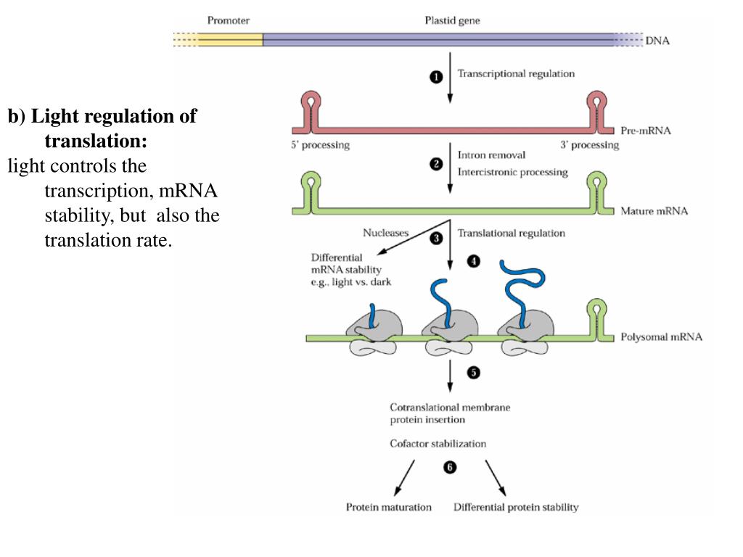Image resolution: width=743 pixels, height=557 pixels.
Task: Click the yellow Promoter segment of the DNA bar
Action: click(x=230, y=40)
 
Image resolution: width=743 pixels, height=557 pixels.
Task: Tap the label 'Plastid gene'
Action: click(x=452, y=20)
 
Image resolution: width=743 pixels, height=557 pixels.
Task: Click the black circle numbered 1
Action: click(x=436, y=77)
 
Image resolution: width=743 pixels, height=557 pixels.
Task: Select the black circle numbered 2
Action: click(x=436, y=165)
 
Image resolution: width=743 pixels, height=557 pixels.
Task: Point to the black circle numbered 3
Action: click(x=436, y=238)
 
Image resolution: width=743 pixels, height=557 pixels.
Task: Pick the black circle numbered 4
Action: click(x=473, y=261)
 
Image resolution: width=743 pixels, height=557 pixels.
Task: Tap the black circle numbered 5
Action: click(x=473, y=373)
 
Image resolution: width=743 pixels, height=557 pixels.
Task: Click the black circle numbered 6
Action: click(x=450, y=468)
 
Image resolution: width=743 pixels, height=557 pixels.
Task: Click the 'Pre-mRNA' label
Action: click(x=645, y=131)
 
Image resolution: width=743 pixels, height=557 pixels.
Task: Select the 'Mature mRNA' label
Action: click(x=654, y=211)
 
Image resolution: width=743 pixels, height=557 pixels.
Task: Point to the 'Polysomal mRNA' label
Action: click(x=661, y=337)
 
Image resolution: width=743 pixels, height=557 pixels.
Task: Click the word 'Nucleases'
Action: click(x=385, y=233)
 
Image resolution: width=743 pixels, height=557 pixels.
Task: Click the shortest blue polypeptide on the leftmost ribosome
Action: click(x=372, y=315)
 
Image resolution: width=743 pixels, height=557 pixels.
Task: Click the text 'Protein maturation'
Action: click(x=389, y=507)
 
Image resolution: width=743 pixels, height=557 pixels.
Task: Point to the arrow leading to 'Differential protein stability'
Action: click(x=495, y=477)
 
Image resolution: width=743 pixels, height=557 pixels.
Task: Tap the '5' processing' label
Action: click(x=320, y=145)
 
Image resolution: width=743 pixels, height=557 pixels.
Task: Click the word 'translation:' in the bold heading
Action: click(x=96, y=141)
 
